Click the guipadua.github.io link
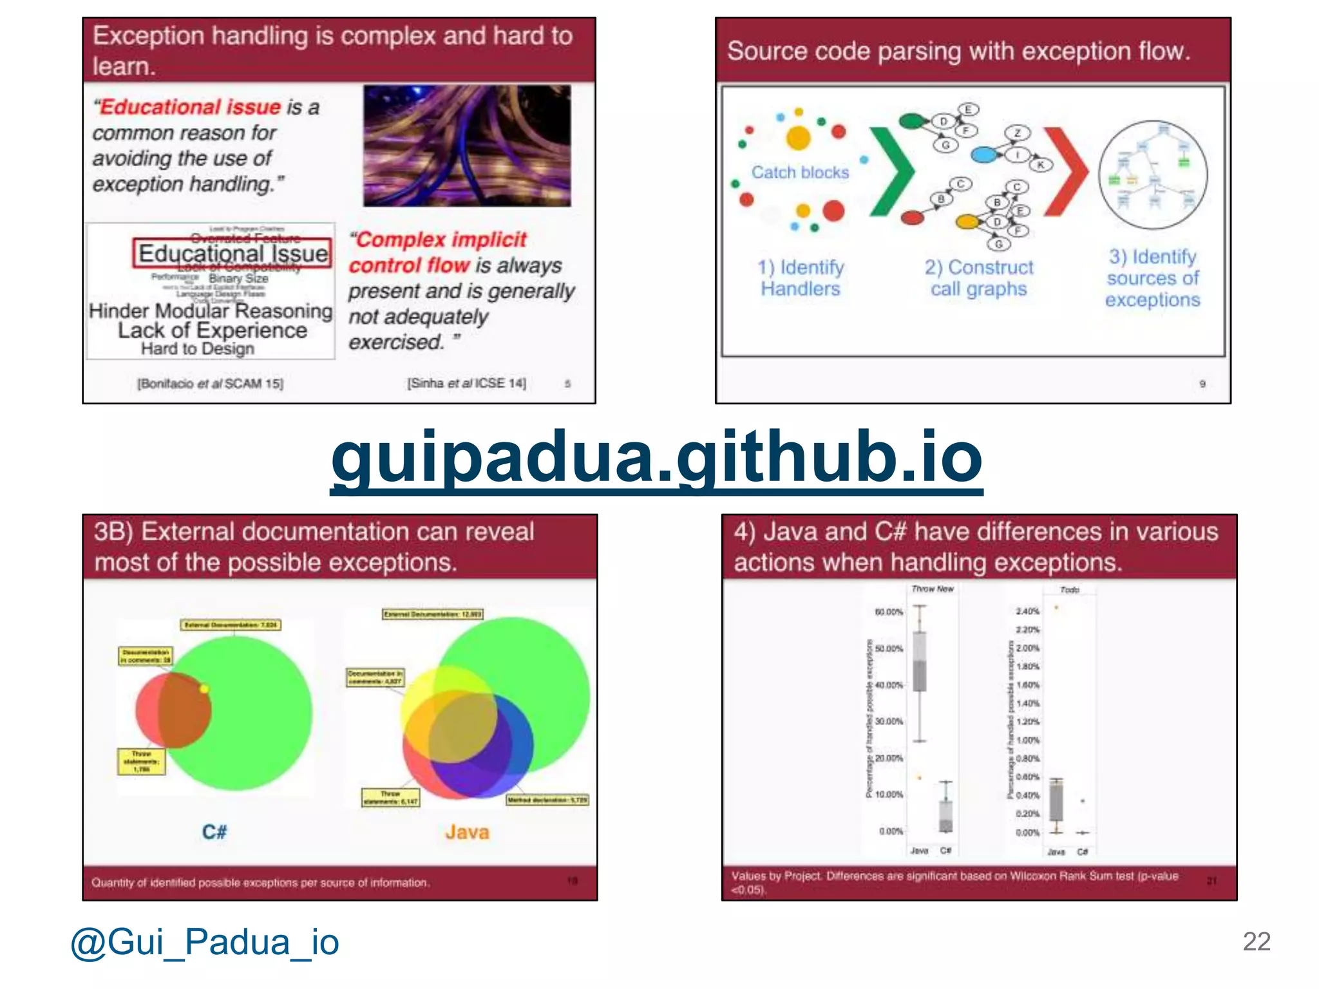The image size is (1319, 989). tap(656, 458)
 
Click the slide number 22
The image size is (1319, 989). tap(1256, 941)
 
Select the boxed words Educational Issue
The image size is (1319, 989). tap(232, 253)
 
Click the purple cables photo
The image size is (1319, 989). tap(466, 146)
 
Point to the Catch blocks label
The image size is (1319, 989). tap(800, 173)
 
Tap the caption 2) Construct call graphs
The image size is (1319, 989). tap(978, 278)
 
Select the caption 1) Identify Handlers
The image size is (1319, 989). tap(801, 278)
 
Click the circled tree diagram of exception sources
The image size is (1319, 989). tap(1153, 175)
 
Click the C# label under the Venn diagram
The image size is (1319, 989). tap(214, 832)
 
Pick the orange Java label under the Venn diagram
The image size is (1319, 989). tap(467, 832)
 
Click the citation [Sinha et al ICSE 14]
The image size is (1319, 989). tap(466, 383)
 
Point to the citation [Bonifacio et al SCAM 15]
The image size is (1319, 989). tap(210, 384)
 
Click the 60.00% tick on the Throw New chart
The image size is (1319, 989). tap(889, 612)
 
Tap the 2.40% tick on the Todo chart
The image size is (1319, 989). tap(1028, 611)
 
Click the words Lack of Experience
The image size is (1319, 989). tap(213, 330)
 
